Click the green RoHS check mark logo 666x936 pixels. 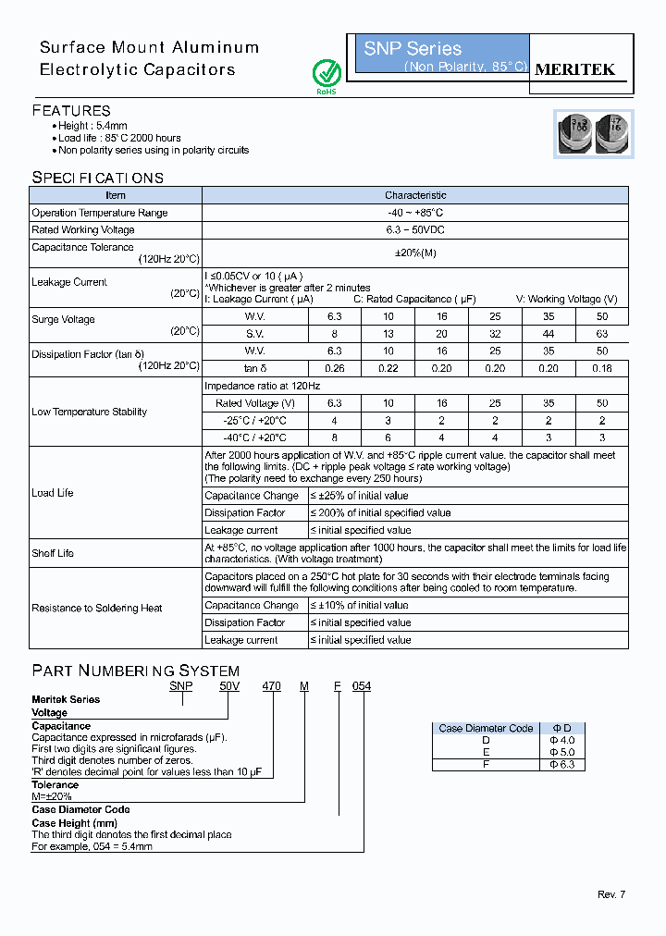point(327,73)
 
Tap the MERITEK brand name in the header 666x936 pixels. point(575,69)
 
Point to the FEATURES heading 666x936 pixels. point(71,110)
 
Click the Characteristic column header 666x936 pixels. point(415,195)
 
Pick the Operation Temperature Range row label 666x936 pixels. point(100,213)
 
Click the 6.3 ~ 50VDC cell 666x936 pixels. point(415,230)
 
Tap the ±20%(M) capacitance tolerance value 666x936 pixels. point(415,253)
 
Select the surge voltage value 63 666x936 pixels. point(602,334)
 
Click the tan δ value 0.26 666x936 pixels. point(334,368)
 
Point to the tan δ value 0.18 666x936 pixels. point(602,368)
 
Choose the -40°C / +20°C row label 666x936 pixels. point(254,437)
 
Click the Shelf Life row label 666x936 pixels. point(53,553)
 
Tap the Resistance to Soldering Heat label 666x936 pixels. point(97,609)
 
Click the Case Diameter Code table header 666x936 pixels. point(486,728)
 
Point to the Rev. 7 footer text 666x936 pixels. point(611,894)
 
